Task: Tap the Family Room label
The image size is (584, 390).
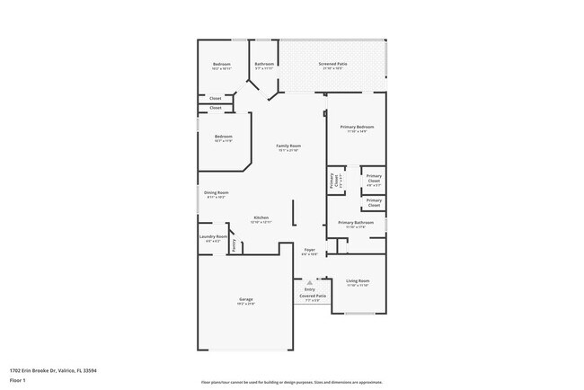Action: click(x=288, y=146)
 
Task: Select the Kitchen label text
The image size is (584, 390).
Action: click(x=261, y=218)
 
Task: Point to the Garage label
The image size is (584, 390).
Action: click(x=245, y=299)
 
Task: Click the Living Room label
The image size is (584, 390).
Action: click(x=358, y=281)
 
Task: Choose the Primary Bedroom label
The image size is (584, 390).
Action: click(x=357, y=128)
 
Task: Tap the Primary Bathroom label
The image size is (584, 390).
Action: click(x=356, y=223)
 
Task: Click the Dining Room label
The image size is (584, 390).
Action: click(x=216, y=193)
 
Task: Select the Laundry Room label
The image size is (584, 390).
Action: click(x=213, y=237)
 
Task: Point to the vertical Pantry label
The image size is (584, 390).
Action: click(x=234, y=244)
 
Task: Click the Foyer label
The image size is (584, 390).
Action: click(x=309, y=250)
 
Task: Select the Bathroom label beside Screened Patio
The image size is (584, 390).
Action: click(x=264, y=64)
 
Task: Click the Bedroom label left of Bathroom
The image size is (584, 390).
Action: click(x=222, y=65)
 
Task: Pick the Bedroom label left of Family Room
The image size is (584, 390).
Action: click(x=223, y=137)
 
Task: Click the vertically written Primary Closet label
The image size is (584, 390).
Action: click(x=333, y=180)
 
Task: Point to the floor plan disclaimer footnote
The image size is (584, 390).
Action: click(x=291, y=381)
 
